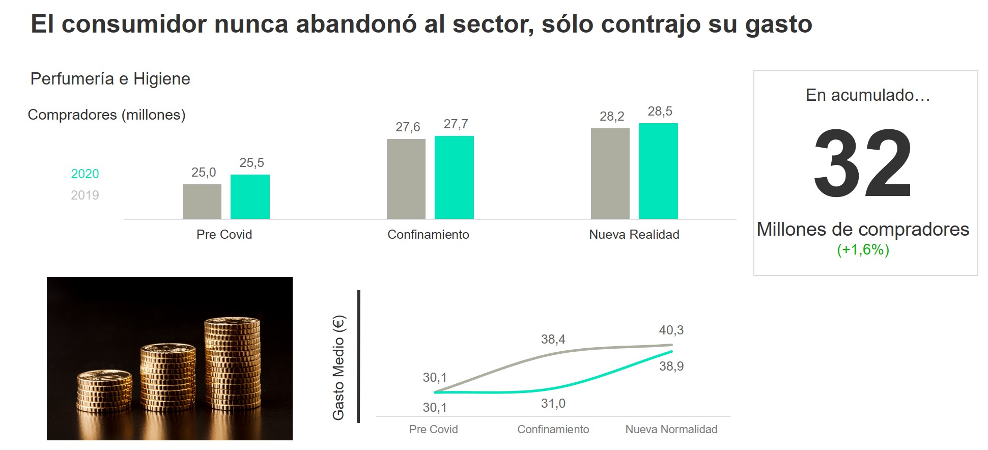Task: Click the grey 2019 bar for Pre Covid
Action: [x=202, y=202]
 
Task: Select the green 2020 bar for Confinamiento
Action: [x=454, y=177]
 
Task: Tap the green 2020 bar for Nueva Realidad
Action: [x=658, y=171]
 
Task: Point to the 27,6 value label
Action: [x=408, y=127]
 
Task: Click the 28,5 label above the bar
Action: [x=660, y=111]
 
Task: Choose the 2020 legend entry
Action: [x=85, y=174]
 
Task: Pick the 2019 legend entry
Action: [x=85, y=195]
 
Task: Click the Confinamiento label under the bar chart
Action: [x=428, y=235]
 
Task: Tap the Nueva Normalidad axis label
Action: [x=671, y=430]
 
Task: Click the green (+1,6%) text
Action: [x=863, y=250]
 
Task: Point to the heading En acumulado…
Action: [x=867, y=95]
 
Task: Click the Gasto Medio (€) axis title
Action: [x=339, y=368]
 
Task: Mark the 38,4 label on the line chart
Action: [x=553, y=340]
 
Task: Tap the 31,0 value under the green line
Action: [x=553, y=404]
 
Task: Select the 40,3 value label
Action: [x=671, y=330]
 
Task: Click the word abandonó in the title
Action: [x=356, y=24]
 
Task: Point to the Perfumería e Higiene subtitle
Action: [x=110, y=79]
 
